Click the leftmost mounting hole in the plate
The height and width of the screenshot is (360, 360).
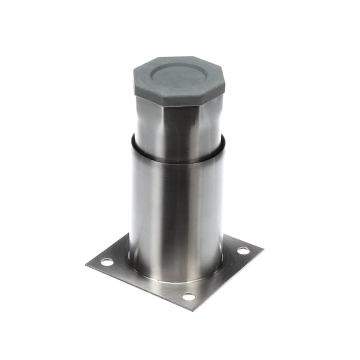click(106, 262)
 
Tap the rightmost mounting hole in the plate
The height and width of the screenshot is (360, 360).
click(243, 250)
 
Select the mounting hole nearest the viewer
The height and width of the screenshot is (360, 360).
click(188, 296)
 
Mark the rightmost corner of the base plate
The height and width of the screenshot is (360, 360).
click(262, 247)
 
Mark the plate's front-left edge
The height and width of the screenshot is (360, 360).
click(138, 286)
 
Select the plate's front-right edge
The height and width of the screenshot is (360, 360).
click(228, 278)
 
